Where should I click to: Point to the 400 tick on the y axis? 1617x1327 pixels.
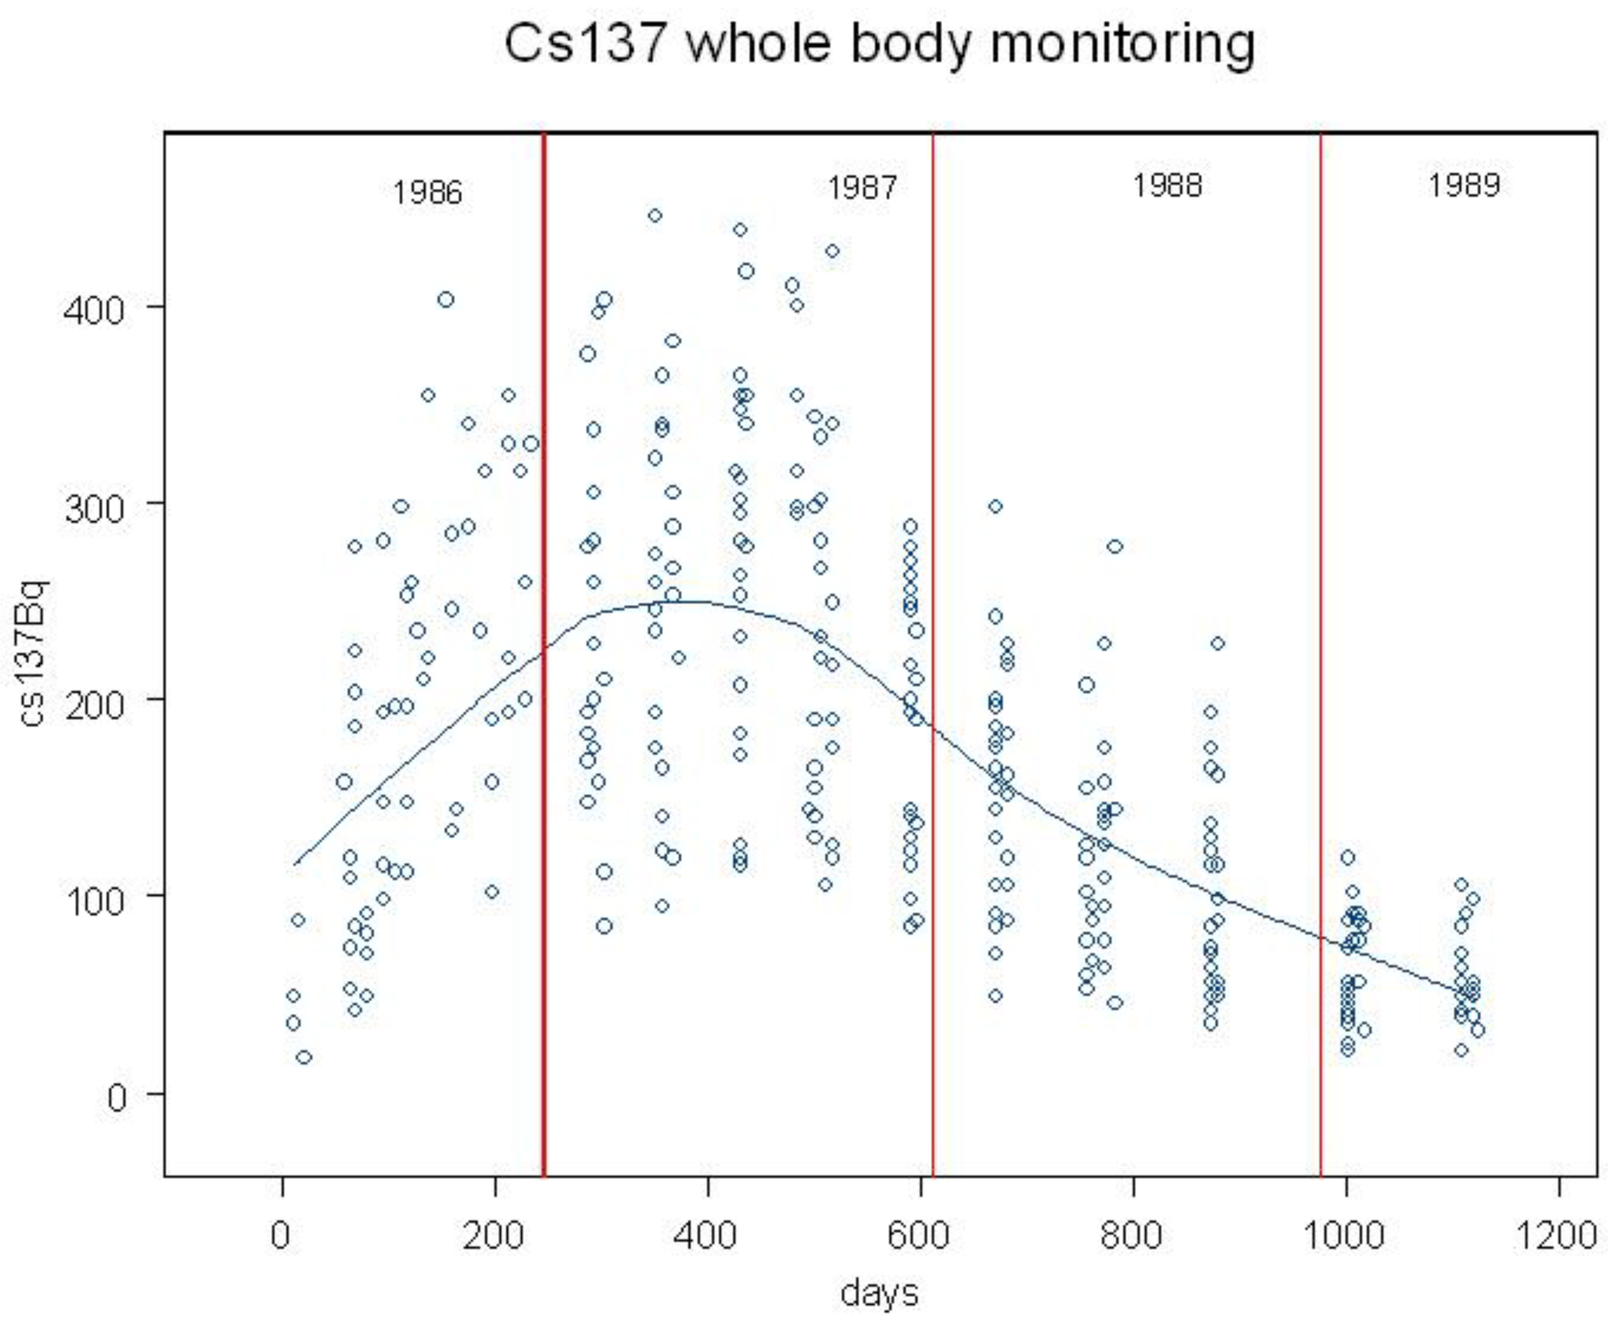[x=92, y=310]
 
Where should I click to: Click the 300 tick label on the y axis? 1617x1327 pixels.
[x=92, y=506]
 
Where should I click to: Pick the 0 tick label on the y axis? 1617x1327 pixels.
[x=116, y=1097]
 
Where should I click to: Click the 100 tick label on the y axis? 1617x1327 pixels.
[x=92, y=900]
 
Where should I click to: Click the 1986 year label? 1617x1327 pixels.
[x=427, y=192]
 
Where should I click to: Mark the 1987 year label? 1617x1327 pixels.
[x=862, y=187]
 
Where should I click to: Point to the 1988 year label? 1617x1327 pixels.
[x=1166, y=185]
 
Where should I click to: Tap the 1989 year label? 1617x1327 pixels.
[x=1464, y=185]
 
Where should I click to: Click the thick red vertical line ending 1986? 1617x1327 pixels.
[x=543, y=650]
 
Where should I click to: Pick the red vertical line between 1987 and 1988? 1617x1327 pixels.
[x=933, y=650]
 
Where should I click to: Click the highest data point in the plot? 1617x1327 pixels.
[x=655, y=215]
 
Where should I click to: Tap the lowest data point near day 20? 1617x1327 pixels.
[x=304, y=1057]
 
